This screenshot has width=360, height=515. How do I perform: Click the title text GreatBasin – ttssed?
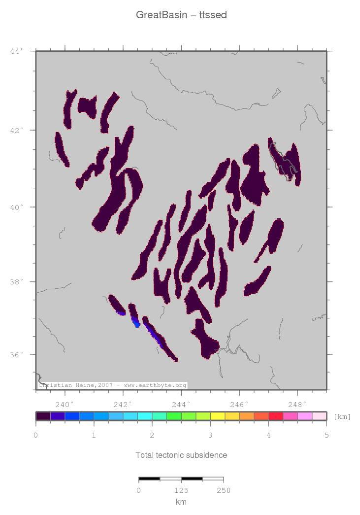click(x=181, y=15)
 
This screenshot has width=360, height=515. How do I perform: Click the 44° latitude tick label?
click(x=17, y=51)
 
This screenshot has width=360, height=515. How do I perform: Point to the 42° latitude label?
click(x=17, y=130)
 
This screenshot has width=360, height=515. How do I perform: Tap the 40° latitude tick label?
click(x=17, y=207)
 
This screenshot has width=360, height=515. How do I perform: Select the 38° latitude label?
click(x=17, y=282)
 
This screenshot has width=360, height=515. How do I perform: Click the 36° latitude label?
click(x=17, y=355)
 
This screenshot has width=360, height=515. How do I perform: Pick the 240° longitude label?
click(x=65, y=404)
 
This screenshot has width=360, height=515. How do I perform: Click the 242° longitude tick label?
click(x=123, y=404)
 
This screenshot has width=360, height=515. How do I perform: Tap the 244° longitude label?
click(x=181, y=404)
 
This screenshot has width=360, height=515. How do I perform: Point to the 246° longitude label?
click(x=239, y=404)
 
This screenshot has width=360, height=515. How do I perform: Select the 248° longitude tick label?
click(x=297, y=404)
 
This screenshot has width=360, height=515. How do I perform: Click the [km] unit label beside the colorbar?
click(x=342, y=417)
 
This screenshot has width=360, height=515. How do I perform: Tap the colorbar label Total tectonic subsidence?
click(x=181, y=455)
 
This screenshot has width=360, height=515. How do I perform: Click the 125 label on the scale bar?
click(x=181, y=490)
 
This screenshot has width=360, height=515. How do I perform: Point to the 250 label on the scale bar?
click(x=223, y=490)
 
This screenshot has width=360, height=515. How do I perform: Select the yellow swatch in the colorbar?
click(x=217, y=416)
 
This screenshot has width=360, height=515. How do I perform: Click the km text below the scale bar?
click(x=181, y=502)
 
